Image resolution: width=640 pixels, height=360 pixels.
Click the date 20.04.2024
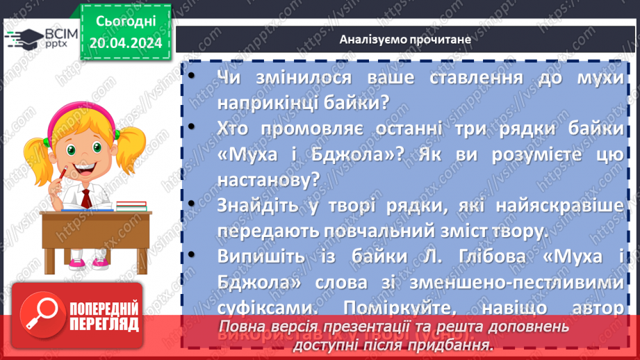[125, 43]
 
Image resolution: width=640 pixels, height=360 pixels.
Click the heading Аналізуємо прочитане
[406, 39]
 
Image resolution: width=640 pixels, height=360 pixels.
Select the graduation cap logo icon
[23, 38]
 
